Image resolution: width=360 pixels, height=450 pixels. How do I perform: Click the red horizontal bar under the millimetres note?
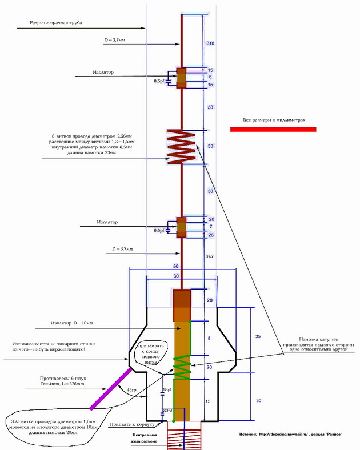point(273,130)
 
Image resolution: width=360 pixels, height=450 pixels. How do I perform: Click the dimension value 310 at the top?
point(210,43)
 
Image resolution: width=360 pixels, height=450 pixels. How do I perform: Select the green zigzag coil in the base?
point(181,368)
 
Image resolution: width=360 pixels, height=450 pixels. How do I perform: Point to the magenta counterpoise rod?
point(111,388)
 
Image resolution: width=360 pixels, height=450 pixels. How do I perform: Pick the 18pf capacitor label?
point(167,389)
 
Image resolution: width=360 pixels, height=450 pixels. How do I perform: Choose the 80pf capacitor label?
point(167,411)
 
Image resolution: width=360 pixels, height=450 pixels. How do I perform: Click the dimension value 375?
point(210,257)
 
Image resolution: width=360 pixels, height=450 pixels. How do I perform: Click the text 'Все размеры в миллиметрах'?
point(274,120)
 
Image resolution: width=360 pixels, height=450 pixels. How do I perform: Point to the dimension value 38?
point(210,192)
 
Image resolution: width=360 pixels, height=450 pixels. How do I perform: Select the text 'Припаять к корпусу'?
point(129,425)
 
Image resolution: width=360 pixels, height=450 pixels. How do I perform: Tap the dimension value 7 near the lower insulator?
point(211,227)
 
